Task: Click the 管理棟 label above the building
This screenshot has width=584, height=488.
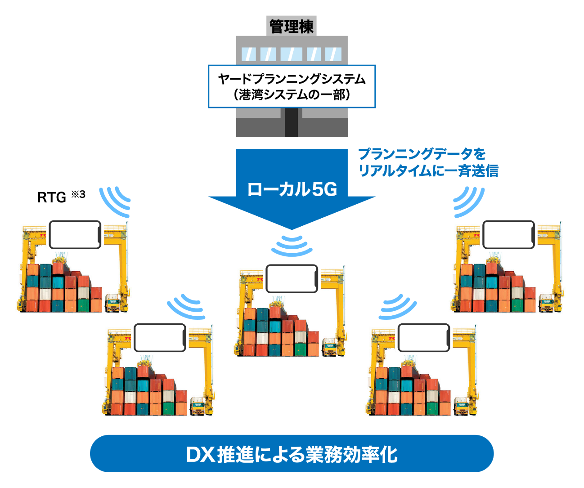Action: [292, 26]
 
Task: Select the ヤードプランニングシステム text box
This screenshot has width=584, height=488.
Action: [292, 86]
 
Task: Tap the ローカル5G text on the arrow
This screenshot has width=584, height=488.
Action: [292, 189]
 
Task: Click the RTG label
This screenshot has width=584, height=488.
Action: [51, 197]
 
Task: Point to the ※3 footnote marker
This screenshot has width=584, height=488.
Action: [78, 194]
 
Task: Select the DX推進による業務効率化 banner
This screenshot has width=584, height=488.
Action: [292, 453]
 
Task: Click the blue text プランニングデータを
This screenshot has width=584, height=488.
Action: [422, 154]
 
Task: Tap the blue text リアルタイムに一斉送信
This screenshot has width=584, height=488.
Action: [428, 171]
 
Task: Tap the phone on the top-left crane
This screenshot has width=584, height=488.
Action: [75, 234]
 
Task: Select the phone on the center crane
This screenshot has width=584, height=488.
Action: [292, 278]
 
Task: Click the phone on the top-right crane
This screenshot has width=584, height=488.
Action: [509, 234]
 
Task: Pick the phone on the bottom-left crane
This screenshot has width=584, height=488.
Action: [160, 337]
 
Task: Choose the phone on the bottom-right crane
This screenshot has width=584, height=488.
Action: [424, 337]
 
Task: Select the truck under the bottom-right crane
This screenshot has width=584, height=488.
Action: [462, 406]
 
